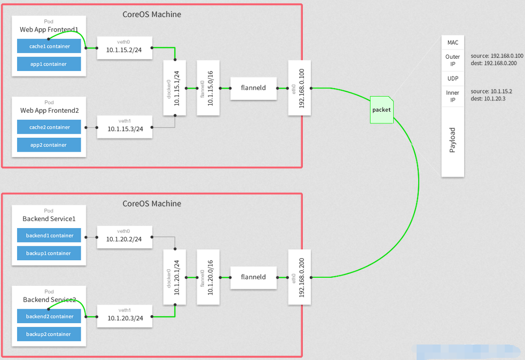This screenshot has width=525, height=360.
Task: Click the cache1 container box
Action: (x=49, y=46)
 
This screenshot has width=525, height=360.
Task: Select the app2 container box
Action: (x=49, y=145)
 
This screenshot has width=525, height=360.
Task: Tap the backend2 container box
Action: (x=49, y=316)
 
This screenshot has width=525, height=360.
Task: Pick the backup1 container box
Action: (x=49, y=253)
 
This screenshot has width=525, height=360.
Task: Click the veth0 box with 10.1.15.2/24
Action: (x=124, y=48)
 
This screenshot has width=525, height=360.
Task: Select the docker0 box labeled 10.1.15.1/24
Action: (x=175, y=88)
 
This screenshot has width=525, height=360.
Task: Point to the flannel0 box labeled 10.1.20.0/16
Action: (x=208, y=277)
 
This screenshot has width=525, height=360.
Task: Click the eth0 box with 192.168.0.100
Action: (x=299, y=88)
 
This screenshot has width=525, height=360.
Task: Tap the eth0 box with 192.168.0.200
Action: (x=299, y=277)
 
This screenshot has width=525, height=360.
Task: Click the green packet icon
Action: (x=382, y=110)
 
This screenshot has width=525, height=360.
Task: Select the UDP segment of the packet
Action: (x=452, y=79)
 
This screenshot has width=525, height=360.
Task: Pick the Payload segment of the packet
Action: (x=452, y=140)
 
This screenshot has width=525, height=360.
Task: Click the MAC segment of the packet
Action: (x=452, y=42)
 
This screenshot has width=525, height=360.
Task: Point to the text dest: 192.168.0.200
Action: (x=493, y=63)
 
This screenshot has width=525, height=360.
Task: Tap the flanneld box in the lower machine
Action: (x=254, y=277)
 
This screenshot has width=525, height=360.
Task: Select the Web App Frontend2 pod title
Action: (x=49, y=111)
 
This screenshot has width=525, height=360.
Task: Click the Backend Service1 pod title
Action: (x=49, y=219)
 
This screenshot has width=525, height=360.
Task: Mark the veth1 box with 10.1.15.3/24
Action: (x=124, y=127)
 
